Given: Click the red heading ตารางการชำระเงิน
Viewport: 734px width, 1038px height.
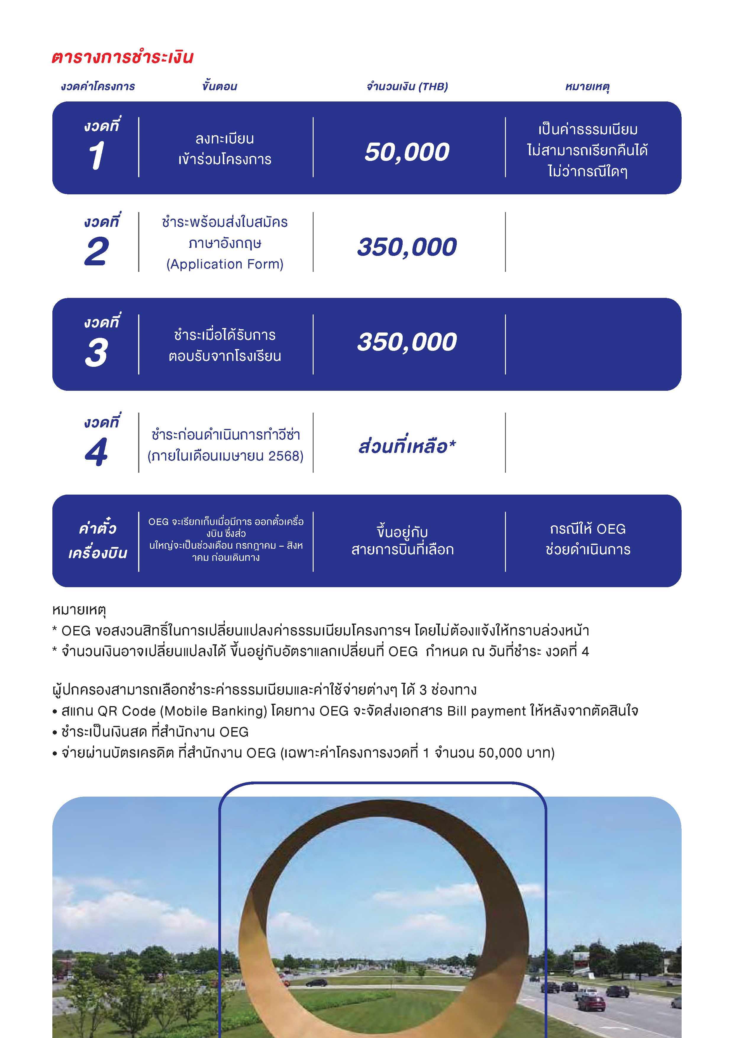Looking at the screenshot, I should (122, 57).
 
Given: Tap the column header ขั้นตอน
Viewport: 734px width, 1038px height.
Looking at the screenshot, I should (220, 86).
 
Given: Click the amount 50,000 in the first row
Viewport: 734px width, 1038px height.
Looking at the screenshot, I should (407, 152).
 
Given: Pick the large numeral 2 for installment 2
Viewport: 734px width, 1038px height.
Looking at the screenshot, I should (96, 251).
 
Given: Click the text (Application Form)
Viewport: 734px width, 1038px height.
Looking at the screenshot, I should (225, 264).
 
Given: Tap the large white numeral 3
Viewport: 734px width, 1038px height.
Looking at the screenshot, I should (96, 353).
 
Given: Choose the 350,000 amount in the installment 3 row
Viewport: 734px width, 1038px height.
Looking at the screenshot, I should (407, 342).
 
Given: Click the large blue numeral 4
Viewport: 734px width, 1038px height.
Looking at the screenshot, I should (96, 452).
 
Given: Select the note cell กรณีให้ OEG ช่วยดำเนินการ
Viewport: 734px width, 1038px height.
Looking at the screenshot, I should (588, 539).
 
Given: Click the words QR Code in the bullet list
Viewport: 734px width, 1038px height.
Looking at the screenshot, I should (127, 711).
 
